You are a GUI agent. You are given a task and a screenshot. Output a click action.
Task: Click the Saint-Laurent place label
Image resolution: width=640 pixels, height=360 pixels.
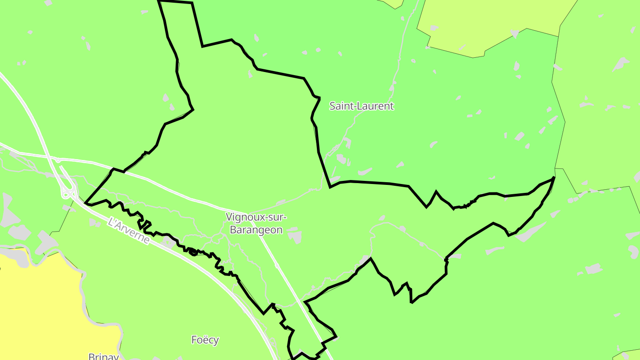click(361, 106)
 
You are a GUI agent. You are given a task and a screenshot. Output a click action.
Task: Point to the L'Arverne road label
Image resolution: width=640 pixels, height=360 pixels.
click(129, 230)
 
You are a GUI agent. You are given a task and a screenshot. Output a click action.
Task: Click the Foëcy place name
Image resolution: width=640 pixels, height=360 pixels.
click(205, 340)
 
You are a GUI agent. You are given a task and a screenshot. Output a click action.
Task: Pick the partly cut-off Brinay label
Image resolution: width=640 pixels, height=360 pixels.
click(104, 356)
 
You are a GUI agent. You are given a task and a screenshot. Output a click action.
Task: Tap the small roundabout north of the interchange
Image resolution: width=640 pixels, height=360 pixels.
click(58, 160)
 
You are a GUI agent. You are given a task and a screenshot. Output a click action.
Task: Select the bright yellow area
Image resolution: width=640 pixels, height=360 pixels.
click(36, 307)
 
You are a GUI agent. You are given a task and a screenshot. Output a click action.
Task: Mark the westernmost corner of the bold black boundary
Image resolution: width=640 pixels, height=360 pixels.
click(85, 204)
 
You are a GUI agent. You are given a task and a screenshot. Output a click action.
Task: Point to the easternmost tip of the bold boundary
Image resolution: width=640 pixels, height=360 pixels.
click(554, 178)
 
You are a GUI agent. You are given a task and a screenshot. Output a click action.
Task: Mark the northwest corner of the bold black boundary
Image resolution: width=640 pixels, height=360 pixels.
click(159, 2)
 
